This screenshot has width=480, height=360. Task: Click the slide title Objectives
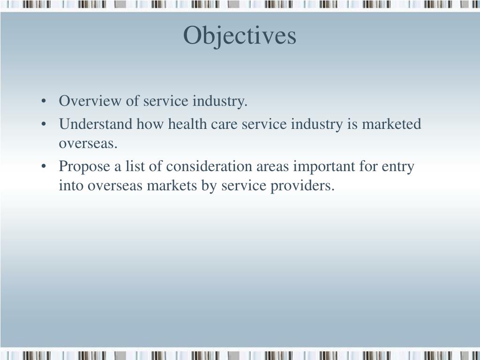pos(240,36)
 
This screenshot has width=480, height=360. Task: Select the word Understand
pos(96,125)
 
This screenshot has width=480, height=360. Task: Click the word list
pos(135,167)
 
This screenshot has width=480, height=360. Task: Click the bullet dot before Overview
pos(44,102)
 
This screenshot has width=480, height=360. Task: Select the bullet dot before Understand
pos(44,125)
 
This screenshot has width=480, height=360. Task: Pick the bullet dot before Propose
pos(44,167)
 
